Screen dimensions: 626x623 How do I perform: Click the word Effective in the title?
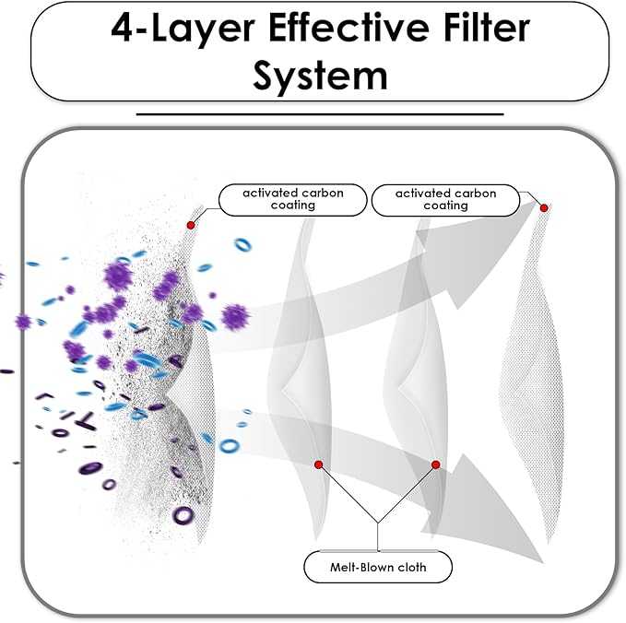(349, 29)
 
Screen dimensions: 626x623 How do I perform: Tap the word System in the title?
(320, 76)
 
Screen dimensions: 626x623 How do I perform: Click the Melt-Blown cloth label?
(378, 567)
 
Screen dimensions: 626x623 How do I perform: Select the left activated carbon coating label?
(292, 200)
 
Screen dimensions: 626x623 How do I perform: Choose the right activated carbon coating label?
(445, 200)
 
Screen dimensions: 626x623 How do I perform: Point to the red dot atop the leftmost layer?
(191, 225)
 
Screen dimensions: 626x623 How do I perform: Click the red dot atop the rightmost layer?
(544, 208)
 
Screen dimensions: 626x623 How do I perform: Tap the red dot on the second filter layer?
(319, 464)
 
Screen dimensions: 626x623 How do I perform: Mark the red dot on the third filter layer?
(436, 464)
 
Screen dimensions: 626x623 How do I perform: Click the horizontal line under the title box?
(320, 114)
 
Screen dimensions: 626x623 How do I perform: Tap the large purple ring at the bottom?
(183, 516)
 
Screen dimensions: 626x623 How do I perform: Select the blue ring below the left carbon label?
(242, 244)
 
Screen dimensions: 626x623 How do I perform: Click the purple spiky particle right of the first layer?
(235, 317)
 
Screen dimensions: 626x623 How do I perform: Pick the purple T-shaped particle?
(86, 421)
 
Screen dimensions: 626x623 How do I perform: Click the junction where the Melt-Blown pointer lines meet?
(378, 523)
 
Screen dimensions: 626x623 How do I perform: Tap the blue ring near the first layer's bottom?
(230, 446)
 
